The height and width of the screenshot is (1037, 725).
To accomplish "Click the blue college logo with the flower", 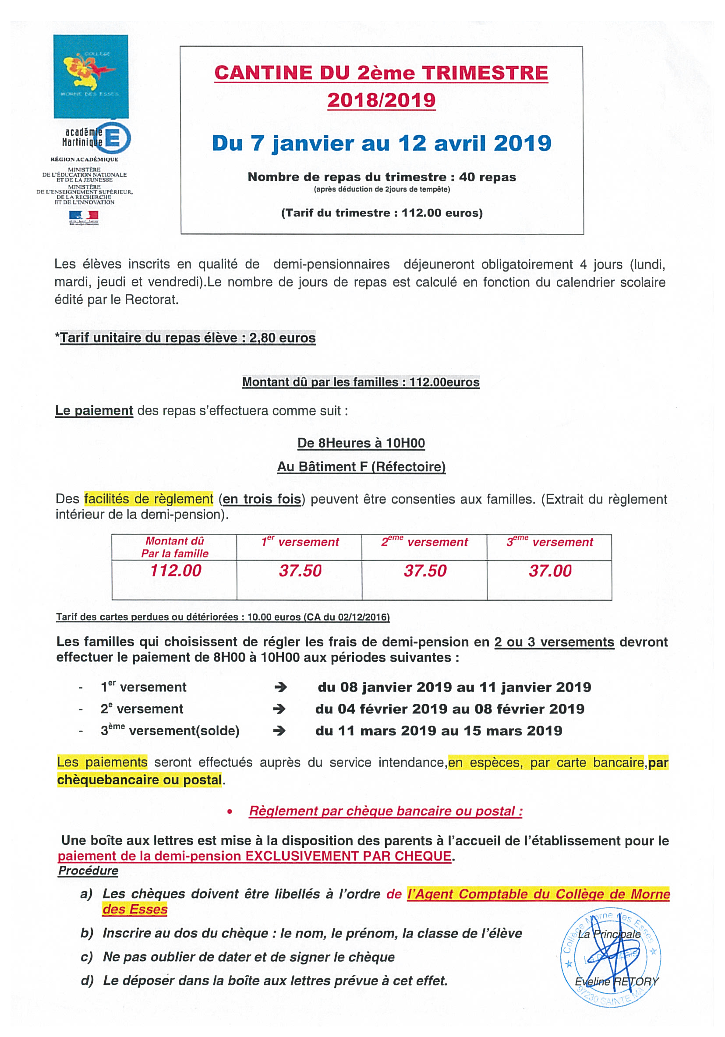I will (x=91, y=76).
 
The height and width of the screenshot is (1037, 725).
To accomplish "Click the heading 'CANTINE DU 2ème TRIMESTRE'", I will (x=381, y=73).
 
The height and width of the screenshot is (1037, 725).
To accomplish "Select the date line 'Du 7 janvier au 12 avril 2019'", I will (x=381, y=143).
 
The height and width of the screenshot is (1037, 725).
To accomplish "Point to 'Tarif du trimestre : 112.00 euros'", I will (x=382, y=213).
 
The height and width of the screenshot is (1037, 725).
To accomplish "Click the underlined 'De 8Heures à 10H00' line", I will (x=361, y=443).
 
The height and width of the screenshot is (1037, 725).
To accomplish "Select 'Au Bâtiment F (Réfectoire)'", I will (x=361, y=466).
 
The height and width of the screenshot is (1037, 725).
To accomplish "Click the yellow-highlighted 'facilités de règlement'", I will (x=149, y=499).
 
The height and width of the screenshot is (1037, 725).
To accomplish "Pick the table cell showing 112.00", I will (x=175, y=571).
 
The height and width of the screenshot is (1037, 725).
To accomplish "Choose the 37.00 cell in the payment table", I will (x=550, y=571).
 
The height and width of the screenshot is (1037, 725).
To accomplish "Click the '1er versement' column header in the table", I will (x=300, y=542).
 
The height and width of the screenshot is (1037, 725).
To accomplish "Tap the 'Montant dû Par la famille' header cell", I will (x=174, y=547).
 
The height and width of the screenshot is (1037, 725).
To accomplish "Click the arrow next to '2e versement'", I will (x=279, y=709).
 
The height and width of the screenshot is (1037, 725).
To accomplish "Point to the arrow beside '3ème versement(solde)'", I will (x=279, y=731).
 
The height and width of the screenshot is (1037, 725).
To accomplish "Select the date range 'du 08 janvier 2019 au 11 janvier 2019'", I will (x=454, y=688).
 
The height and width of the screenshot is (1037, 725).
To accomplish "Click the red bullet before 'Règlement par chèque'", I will (x=230, y=811).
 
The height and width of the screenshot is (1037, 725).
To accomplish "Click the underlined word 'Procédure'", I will (x=88, y=871).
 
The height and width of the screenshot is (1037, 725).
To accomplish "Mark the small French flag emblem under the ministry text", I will (x=84, y=217).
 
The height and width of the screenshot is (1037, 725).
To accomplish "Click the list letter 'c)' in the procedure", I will (x=86, y=957).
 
